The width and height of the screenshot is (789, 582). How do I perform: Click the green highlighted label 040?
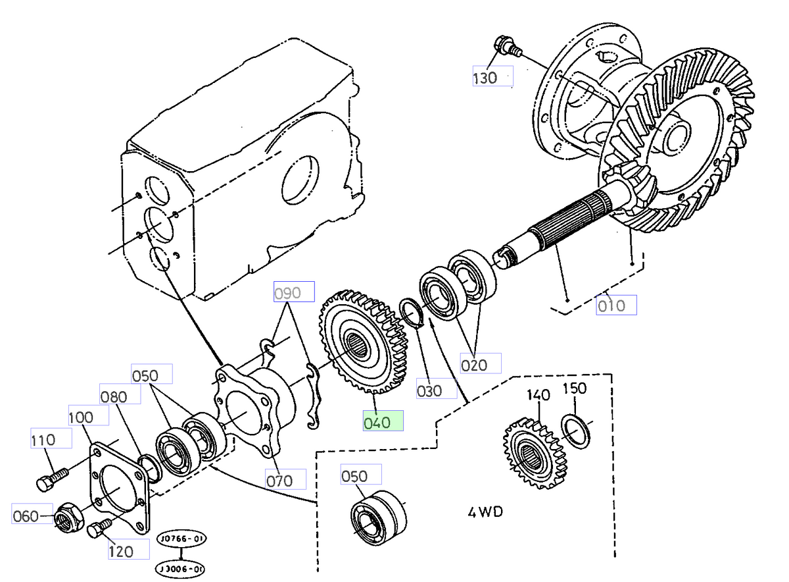click(x=383, y=421)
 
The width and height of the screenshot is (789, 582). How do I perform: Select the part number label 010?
click(x=616, y=305)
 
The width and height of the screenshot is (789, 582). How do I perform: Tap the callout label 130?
click(x=492, y=78)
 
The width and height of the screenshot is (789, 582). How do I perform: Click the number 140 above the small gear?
click(x=538, y=396)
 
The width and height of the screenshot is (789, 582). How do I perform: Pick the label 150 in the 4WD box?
click(x=575, y=388)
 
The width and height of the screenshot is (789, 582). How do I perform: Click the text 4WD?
click(x=485, y=512)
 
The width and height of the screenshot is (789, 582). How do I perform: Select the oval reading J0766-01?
click(x=181, y=539)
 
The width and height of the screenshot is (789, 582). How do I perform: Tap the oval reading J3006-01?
click(x=179, y=568)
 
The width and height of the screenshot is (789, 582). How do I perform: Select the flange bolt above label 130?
click(x=506, y=47)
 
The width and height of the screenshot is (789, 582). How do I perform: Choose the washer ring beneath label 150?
click(x=577, y=429)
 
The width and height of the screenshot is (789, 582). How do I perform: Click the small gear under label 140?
click(x=533, y=453)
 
